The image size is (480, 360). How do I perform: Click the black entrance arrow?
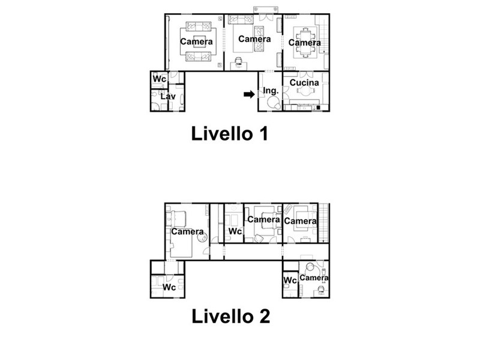click(249, 94)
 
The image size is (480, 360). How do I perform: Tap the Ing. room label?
click(271, 91)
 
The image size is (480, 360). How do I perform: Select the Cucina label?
click(304, 83)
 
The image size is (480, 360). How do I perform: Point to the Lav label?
click(168, 97)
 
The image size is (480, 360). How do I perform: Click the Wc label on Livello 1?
click(159, 79)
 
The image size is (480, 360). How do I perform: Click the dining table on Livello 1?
click(305, 43)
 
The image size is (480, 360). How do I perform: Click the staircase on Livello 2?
click(323, 223)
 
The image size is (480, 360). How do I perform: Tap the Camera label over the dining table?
click(305, 43)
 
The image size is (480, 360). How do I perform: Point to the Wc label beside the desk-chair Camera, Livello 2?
click(290, 280)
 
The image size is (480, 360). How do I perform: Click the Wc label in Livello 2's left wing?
click(169, 287)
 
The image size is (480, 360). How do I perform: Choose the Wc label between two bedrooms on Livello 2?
click(235, 232)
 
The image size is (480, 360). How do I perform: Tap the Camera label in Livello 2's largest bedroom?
click(187, 232)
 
